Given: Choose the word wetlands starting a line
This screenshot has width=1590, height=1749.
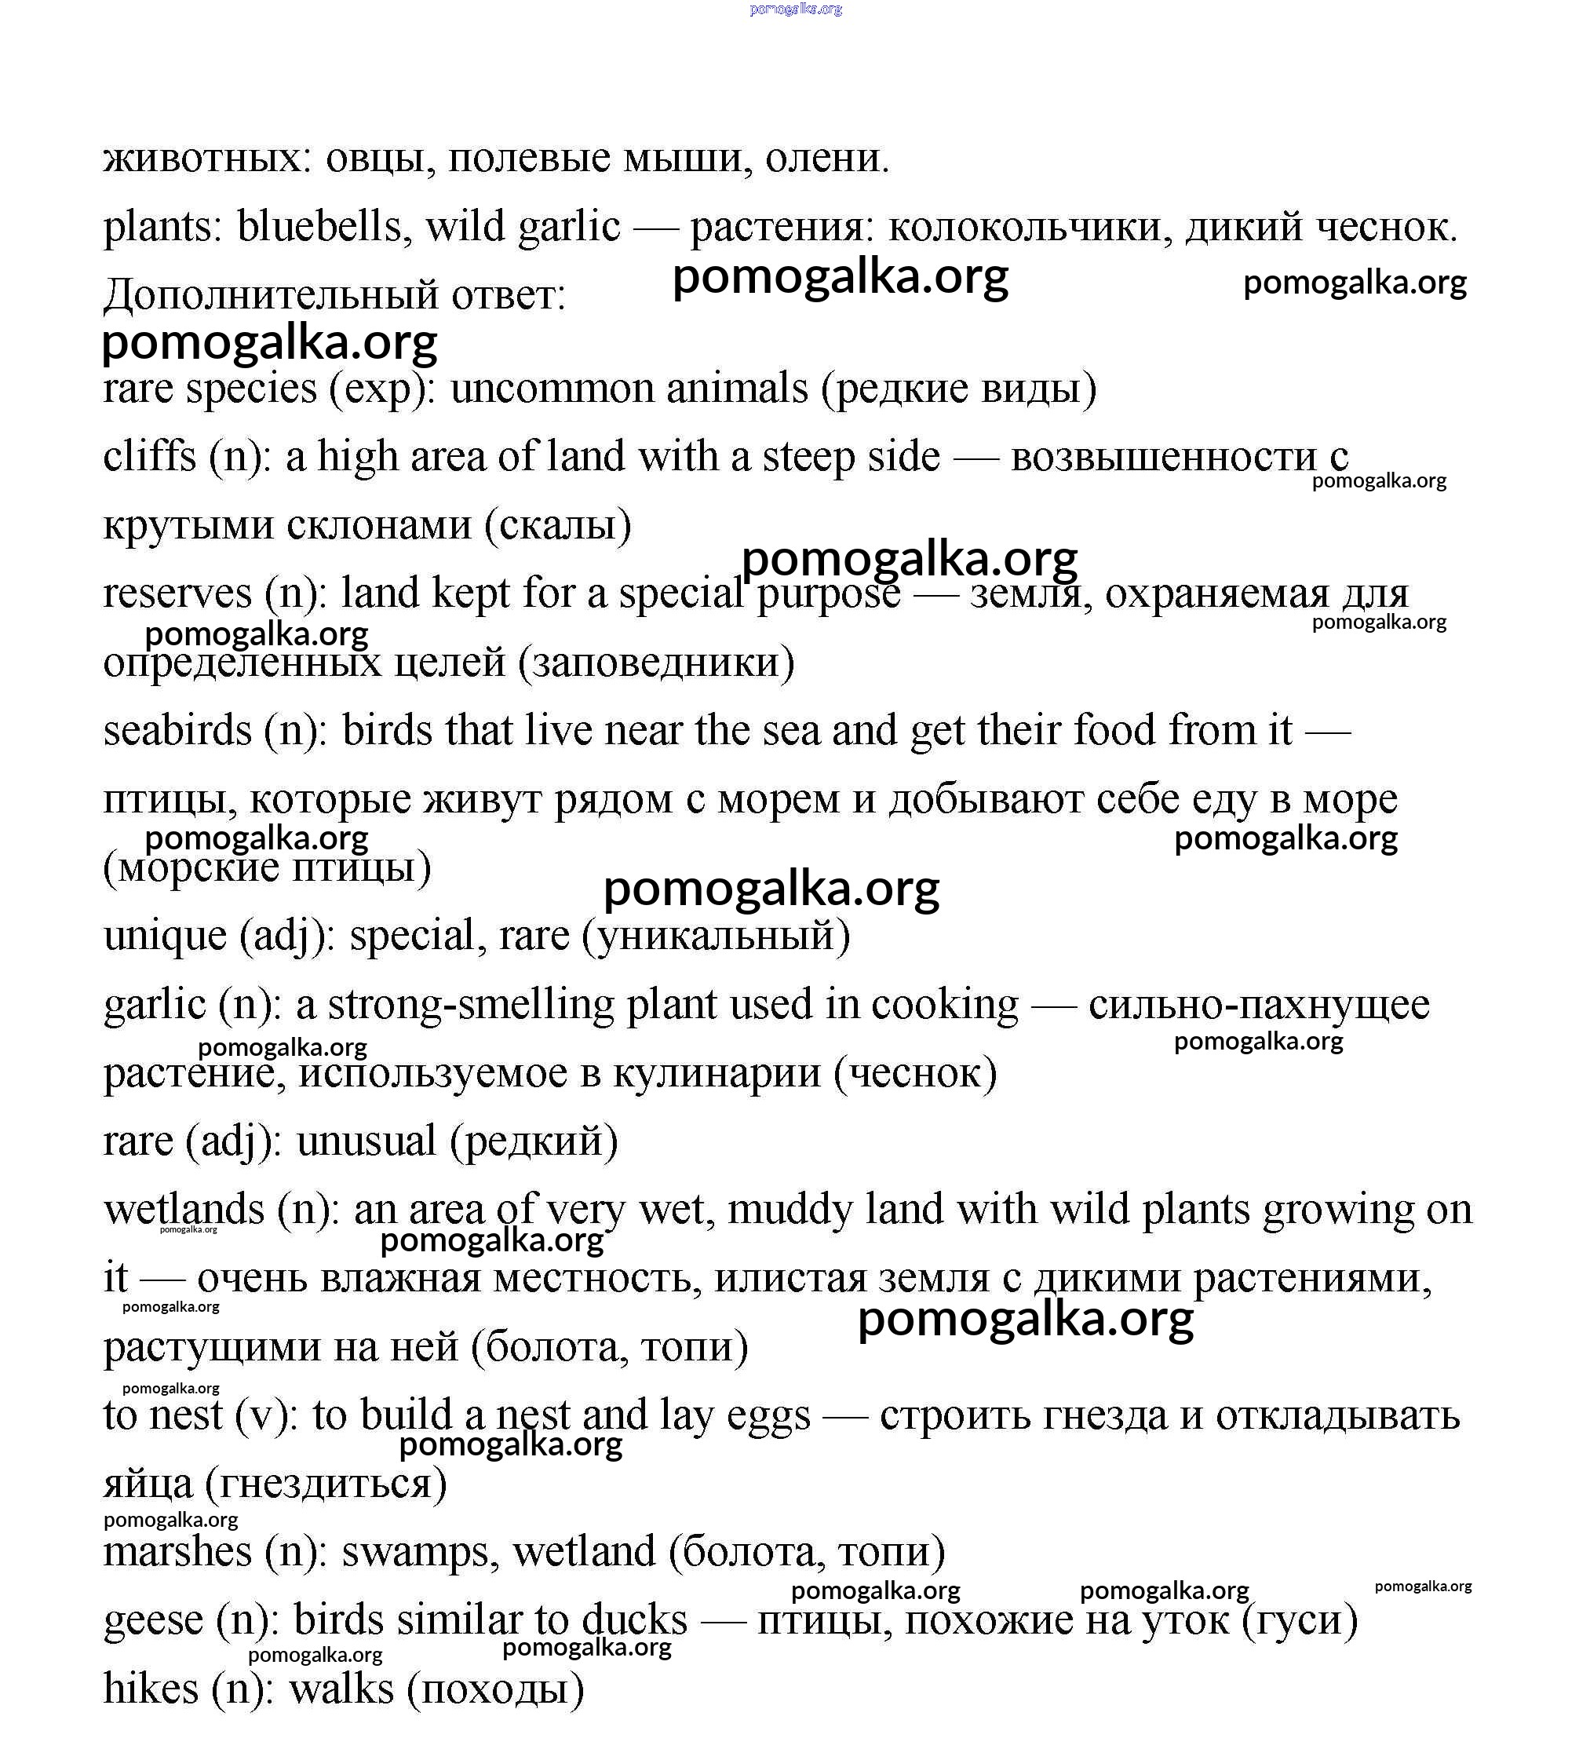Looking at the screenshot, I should pos(184,1210).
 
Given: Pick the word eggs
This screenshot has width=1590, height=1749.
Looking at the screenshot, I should pos(768,1416).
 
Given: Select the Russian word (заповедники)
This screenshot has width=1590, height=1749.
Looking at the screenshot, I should pos(656,663).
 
